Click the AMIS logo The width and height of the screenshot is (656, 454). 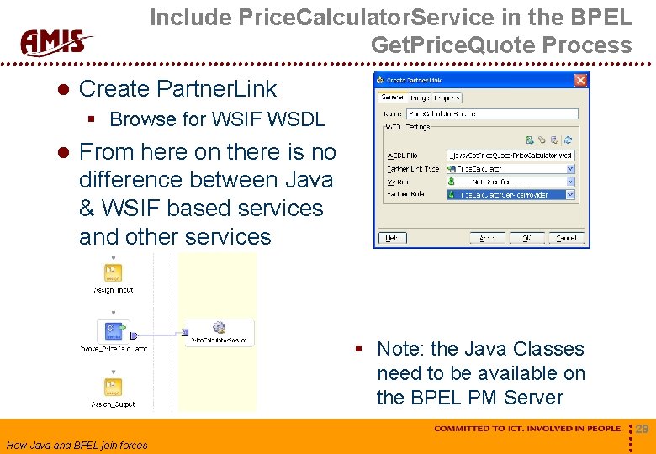(x=56, y=41)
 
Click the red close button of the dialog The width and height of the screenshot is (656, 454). (x=580, y=80)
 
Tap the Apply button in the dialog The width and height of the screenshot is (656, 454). (x=487, y=238)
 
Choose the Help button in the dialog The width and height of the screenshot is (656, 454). (x=391, y=238)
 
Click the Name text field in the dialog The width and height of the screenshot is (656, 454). (x=492, y=113)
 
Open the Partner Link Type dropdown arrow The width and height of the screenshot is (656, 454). (x=570, y=169)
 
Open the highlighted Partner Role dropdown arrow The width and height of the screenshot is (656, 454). (x=570, y=194)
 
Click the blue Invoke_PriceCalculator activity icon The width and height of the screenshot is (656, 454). (x=112, y=330)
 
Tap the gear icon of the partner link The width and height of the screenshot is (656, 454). (x=219, y=327)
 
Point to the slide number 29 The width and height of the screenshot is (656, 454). (x=642, y=430)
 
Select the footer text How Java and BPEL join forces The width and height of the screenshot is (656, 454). (x=77, y=446)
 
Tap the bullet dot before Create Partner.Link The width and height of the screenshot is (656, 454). (x=61, y=89)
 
